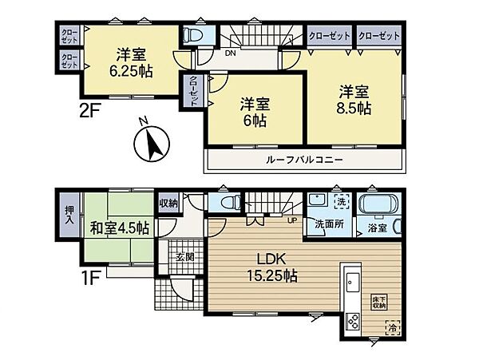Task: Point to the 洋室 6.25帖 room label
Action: click(x=128, y=61)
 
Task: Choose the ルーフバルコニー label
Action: click(x=306, y=160)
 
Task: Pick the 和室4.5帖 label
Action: click(x=117, y=228)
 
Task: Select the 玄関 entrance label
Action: click(x=185, y=258)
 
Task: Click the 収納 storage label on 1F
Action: click(x=168, y=203)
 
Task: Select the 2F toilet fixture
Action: click(x=191, y=37)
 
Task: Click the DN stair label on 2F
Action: click(x=230, y=55)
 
